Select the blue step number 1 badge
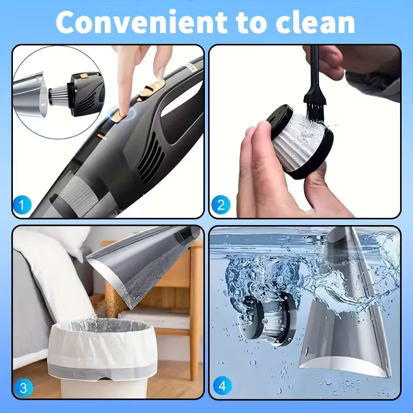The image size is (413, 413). pos(21,205)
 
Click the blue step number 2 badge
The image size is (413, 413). pos(220,205)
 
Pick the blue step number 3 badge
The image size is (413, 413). pos(21,386)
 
